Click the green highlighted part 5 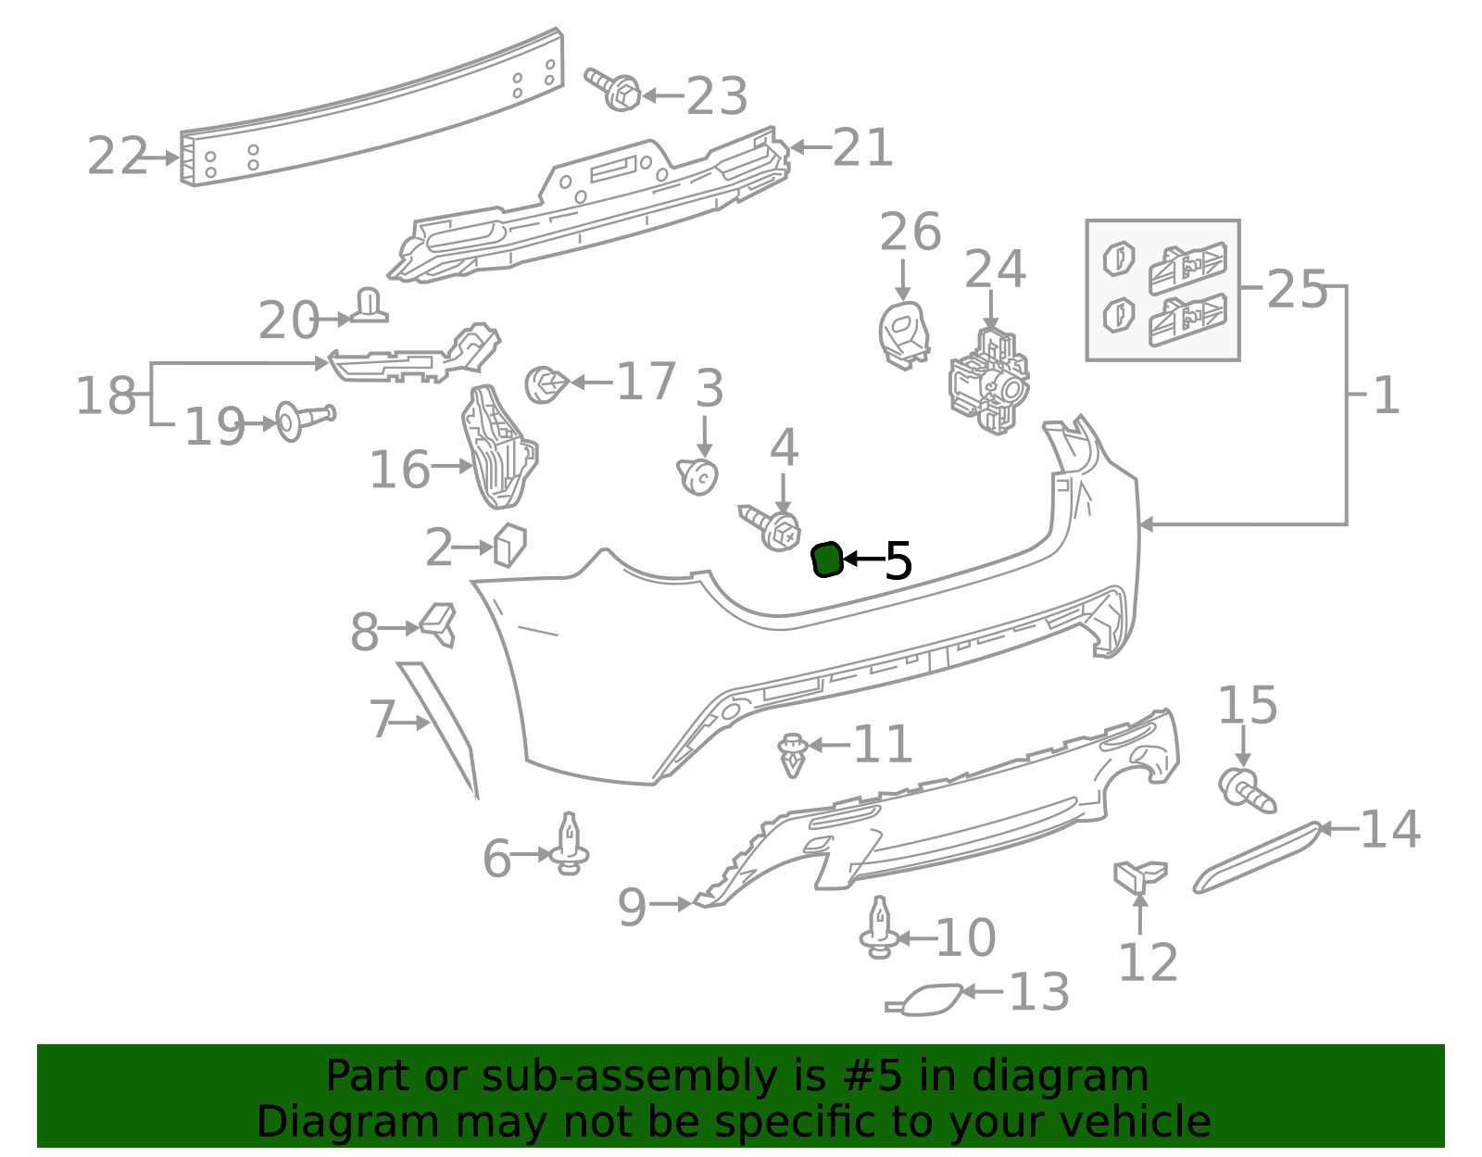pos(826,560)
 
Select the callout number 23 pos(716,96)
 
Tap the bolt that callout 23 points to pos(612,89)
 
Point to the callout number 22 pos(118,157)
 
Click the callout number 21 pos(862,147)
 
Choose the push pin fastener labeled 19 pos(305,421)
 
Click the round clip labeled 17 pos(546,384)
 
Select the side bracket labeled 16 pos(498,447)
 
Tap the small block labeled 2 pos(510,546)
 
